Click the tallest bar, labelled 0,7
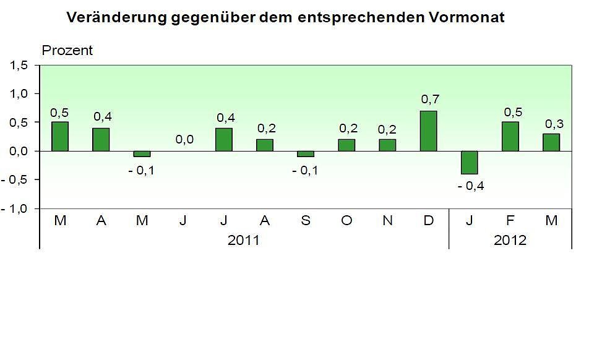[428, 131]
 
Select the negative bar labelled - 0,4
[469, 163]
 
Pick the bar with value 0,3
[551, 142]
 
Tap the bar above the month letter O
[346, 145]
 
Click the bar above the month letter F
[510, 137]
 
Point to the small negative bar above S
[306, 154]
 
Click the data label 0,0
[184, 140]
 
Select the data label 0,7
[429, 100]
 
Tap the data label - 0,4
[470, 186]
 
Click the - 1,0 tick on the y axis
[17, 208]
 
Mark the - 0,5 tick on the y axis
[17, 179]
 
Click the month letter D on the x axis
[429, 220]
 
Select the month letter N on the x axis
[388, 220]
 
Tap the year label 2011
[244, 240]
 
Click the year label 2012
[510, 240]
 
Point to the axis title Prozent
[66, 51]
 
